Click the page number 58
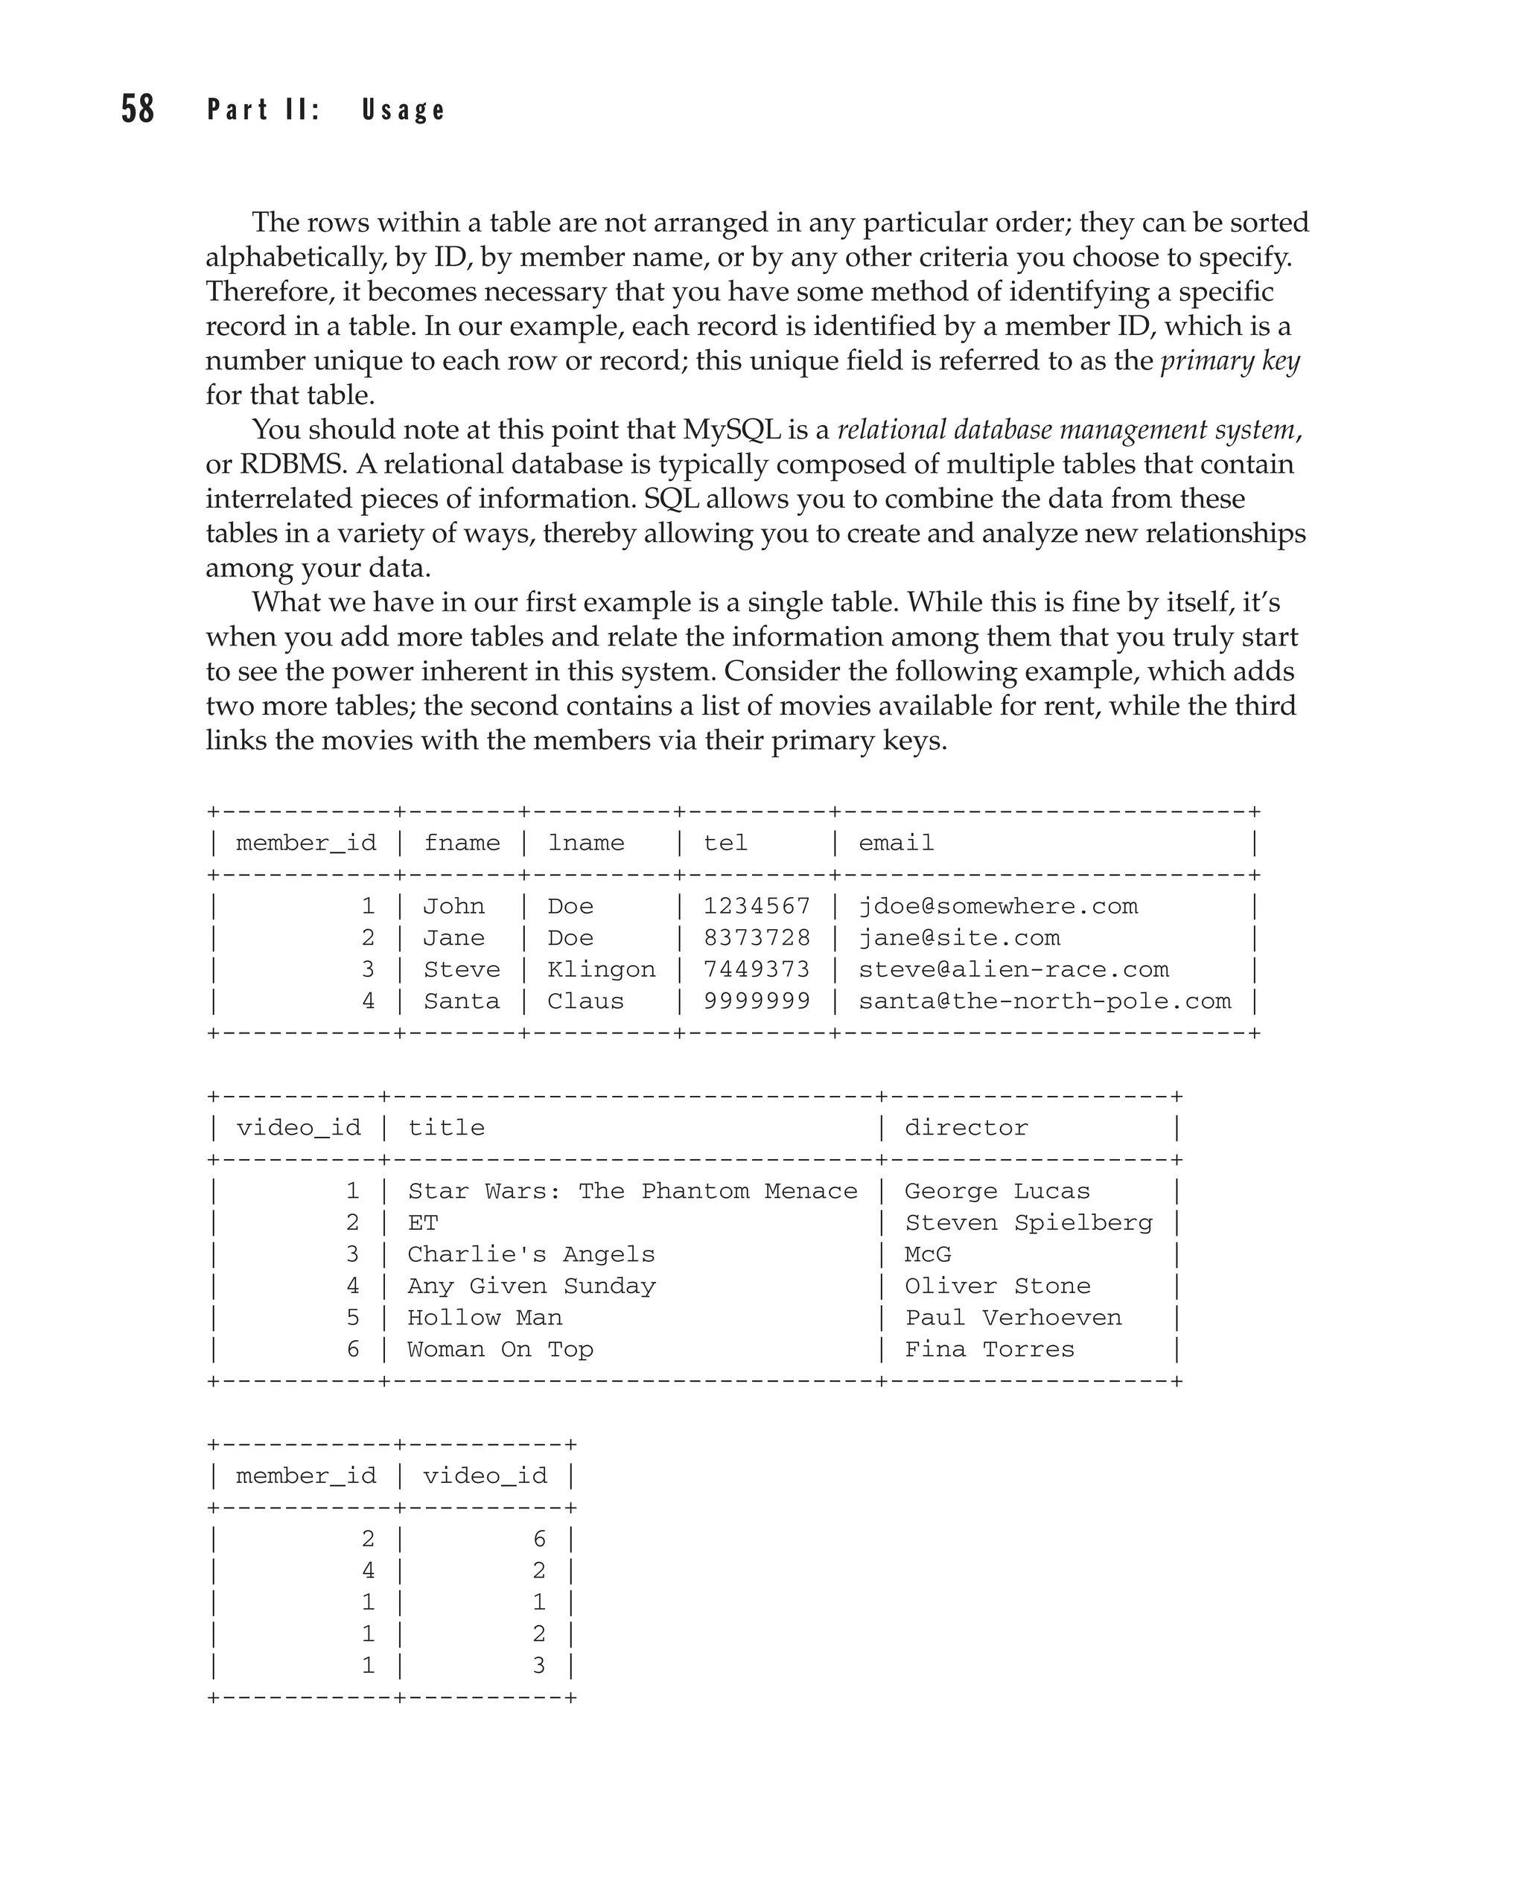click(x=138, y=109)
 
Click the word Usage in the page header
click(x=403, y=109)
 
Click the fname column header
click(x=462, y=843)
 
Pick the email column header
click(x=896, y=843)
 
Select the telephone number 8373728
click(x=757, y=938)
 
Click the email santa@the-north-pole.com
click(x=1045, y=1001)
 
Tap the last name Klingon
click(x=601, y=970)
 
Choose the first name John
click(x=453, y=907)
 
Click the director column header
click(x=967, y=1128)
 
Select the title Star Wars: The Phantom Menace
click(x=632, y=1191)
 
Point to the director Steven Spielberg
click(x=1028, y=1222)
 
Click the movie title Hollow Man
click(x=485, y=1318)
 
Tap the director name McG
click(x=928, y=1254)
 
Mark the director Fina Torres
click(x=989, y=1349)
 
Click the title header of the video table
click(x=446, y=1128)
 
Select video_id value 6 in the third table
click(x=539, y=1539)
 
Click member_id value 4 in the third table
click(x=368, y=1571)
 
